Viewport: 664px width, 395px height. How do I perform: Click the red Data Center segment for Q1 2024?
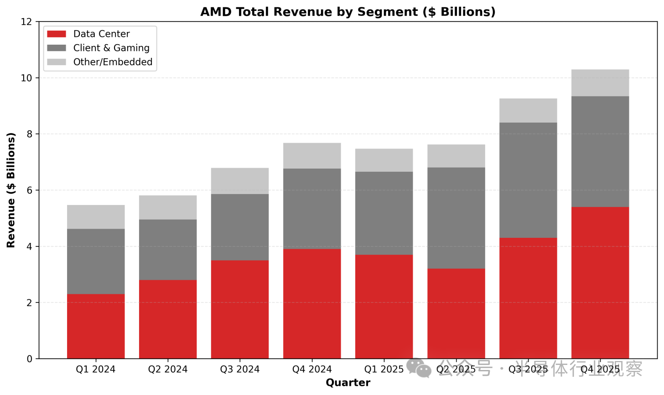pos(96,326)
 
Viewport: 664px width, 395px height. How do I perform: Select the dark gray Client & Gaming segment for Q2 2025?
pos(456,218)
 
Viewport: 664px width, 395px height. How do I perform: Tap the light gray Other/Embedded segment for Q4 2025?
pos(600,83)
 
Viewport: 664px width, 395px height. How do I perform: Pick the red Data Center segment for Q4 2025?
pos(600,282)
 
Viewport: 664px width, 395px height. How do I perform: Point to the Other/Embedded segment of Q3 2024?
pos(240,181)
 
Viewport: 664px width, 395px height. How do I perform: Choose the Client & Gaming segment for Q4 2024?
pos(312,209)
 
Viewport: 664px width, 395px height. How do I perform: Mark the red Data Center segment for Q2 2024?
pos(168,319)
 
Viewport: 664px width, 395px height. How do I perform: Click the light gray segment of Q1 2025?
pos(384,160)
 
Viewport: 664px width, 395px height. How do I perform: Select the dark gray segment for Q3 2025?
pos(528,180)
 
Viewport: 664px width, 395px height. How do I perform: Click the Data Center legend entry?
pos(101,34)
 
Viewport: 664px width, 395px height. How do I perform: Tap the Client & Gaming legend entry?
pos(111,48)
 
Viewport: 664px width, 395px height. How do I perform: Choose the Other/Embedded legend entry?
pos(113,62)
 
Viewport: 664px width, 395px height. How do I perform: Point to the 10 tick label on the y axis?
pos(27,78)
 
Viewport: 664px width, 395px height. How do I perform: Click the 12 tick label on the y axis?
pos(27,22)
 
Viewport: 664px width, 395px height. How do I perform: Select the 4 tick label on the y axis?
pos(30,246)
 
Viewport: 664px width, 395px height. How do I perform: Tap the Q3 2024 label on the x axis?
pos(240,369)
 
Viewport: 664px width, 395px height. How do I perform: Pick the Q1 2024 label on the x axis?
pos(96,369)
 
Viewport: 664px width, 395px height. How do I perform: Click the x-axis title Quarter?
pos(348,383)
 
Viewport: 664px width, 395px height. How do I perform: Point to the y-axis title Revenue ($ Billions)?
pos(11,190)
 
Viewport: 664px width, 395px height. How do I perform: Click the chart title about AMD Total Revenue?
pos(348,12)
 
